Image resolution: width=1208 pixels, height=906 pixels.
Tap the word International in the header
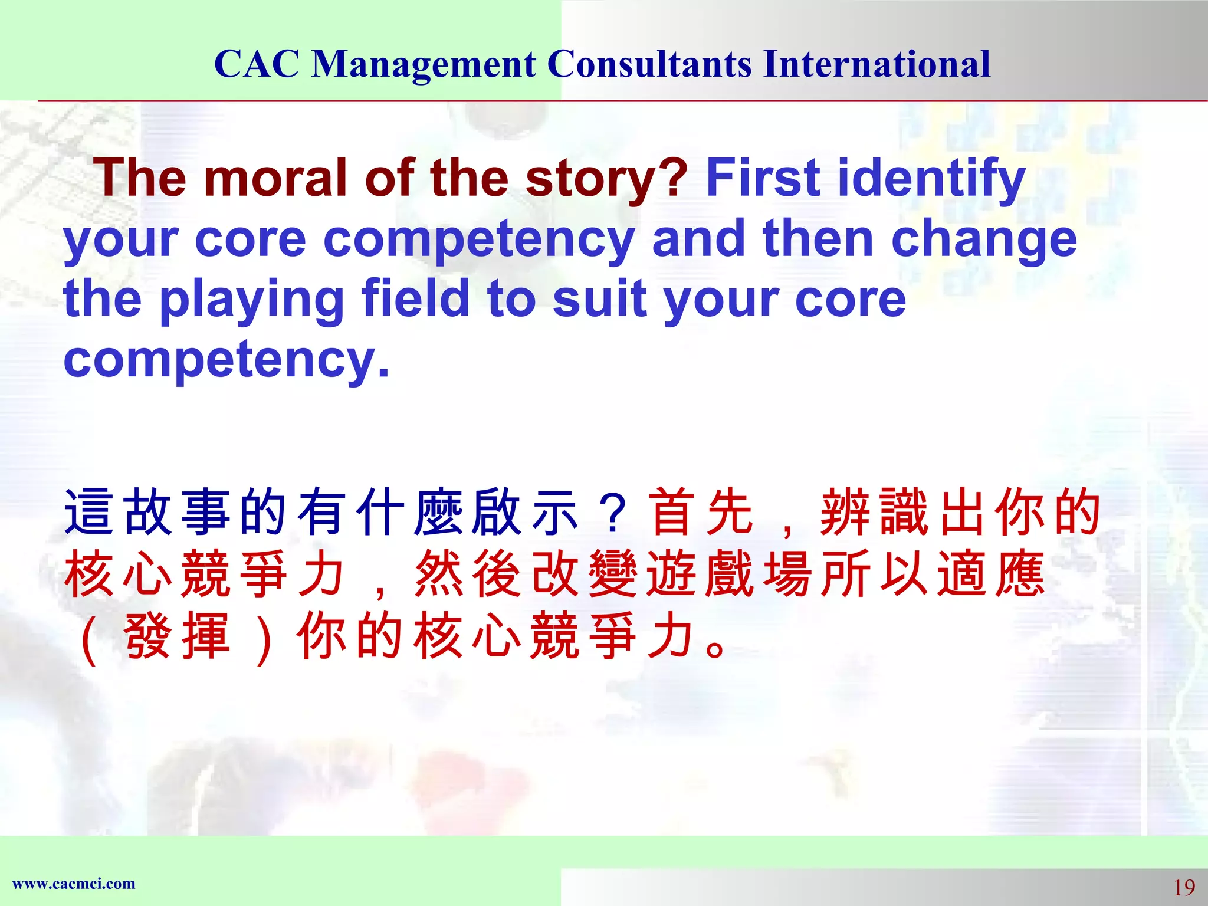877,64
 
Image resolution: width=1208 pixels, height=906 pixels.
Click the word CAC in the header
257,64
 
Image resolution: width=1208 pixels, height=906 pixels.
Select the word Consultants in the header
649,64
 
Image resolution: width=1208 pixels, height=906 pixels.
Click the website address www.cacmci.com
74,884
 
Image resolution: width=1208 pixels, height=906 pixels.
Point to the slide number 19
1183,887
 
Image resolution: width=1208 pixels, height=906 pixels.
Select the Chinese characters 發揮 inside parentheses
176,636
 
